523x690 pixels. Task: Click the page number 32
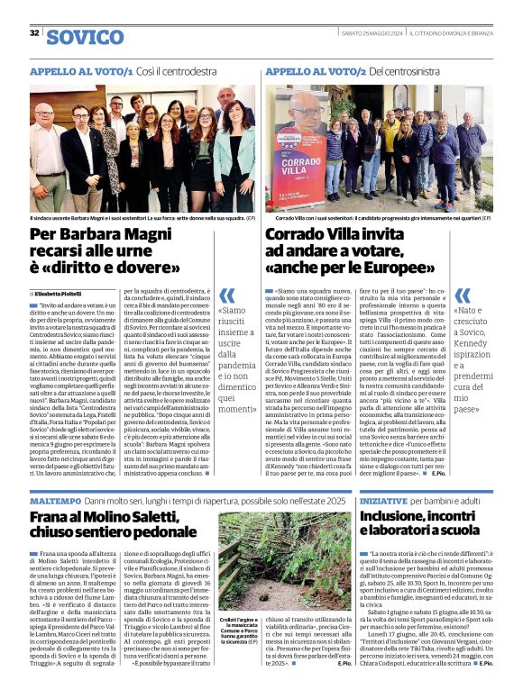click(x=34, y=32)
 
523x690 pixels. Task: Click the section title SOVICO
click(x=85, y=37)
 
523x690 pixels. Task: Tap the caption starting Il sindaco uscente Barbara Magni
click(x=140, y=218)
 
